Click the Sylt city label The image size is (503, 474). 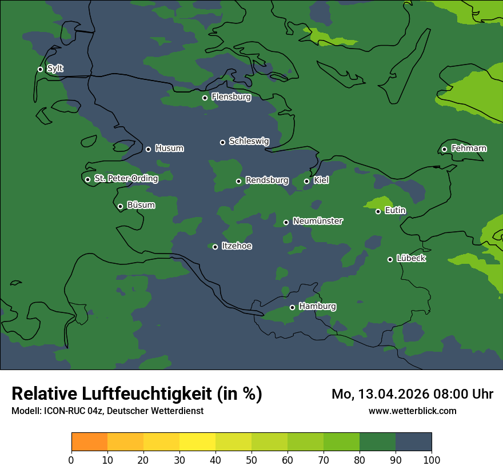coord(55,69)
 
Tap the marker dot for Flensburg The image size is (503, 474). coord(205,98)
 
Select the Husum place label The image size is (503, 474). coord(169,148)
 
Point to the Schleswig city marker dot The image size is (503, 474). coord(222,142)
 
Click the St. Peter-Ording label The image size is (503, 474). coord(126,179)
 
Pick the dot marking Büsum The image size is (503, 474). coord(120,207)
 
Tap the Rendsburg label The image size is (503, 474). coord(267,180)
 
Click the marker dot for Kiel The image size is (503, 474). coord(306,181)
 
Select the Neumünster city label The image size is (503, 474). coord(318,221)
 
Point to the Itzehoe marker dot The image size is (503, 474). coord(215,247)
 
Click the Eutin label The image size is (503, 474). coord(395,211)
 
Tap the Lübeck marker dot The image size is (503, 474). coord(390,259)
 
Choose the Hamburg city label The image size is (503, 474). coord(317,307)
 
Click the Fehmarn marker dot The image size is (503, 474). coord(444,150)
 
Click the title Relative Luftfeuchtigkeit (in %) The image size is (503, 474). coord(137,393)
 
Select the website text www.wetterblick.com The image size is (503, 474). coord(412,411)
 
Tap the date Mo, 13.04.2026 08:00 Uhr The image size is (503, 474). coord(412,394)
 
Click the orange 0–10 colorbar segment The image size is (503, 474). coord(89,442)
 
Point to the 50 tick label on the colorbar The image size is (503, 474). coord(251,460)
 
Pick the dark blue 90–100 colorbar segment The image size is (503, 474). coord(413,442)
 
